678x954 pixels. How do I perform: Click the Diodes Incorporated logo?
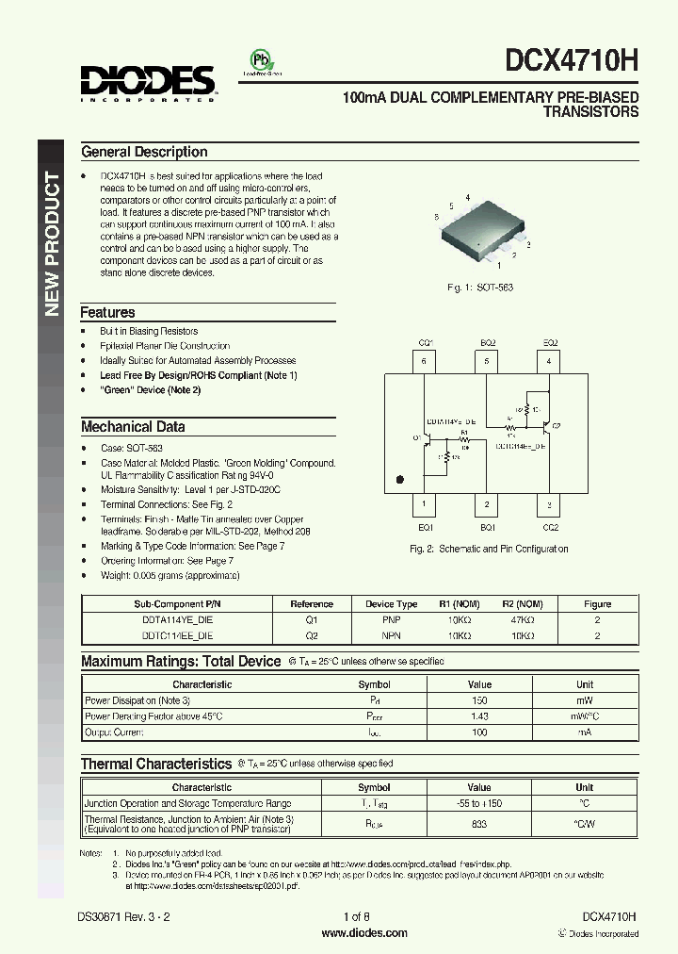click(149, 83)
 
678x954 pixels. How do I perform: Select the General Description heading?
click(144, 152)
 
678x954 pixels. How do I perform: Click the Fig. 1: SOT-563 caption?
click(480, 287)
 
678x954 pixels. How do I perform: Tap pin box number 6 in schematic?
click(425, 360)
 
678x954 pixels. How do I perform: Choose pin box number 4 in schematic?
click(549, 360)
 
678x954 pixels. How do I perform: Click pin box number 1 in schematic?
click(425, 504)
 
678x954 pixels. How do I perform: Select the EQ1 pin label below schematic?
click(425, 528)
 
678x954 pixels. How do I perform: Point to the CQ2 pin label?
click(550, 528)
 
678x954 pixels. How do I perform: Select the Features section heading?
click(107, 312)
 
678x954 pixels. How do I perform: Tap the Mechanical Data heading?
click(132, 426)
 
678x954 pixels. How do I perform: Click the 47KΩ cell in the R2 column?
click(517, 621)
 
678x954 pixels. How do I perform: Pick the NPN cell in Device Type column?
click(391, 636)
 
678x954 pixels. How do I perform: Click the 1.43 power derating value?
click(479, 716)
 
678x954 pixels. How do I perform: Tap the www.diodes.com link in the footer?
click(364, 933)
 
